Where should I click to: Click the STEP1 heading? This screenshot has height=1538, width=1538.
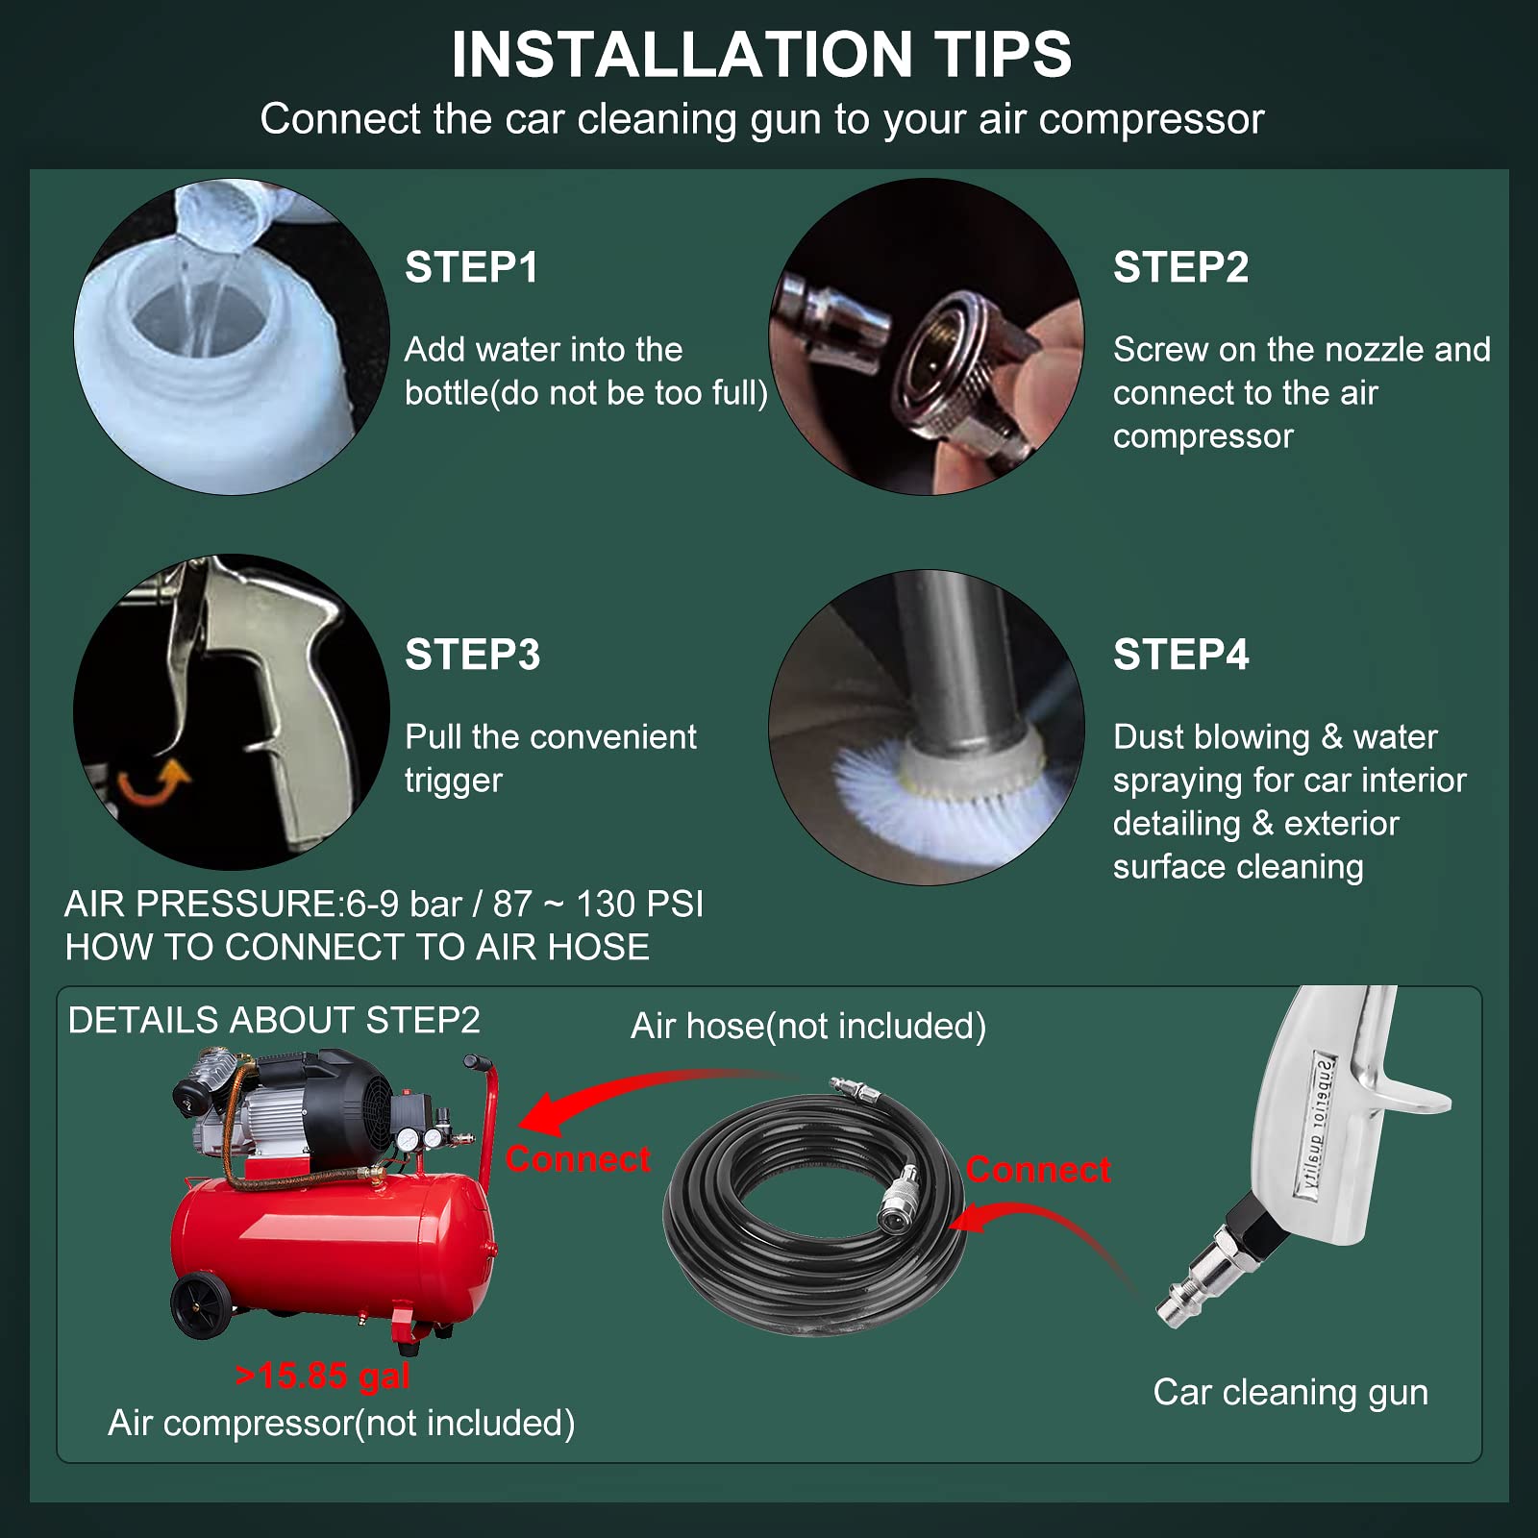pos(471,267)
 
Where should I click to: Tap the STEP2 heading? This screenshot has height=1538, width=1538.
pos(1180,267)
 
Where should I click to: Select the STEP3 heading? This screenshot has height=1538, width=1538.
pos(472,655)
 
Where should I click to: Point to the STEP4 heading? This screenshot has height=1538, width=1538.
pos(1180,655)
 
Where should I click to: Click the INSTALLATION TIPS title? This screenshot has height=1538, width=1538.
pos(761,55)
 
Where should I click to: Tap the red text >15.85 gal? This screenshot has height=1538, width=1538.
pos(323,1376)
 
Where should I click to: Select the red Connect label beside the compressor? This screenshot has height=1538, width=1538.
pos(578,1159)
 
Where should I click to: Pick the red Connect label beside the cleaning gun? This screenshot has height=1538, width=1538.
pos(1038,1170)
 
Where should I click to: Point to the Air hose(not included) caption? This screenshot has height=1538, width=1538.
pos(807,1027)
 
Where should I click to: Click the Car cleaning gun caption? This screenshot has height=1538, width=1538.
pos(1290,1392)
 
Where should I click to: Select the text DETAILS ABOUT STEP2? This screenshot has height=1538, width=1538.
pos(274,1020)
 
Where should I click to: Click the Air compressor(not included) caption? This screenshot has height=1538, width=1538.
pos(341,1423)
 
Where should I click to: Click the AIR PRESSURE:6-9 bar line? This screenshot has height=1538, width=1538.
pos(384,905)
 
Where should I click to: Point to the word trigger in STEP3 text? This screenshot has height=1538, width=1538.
pos(453,780)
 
